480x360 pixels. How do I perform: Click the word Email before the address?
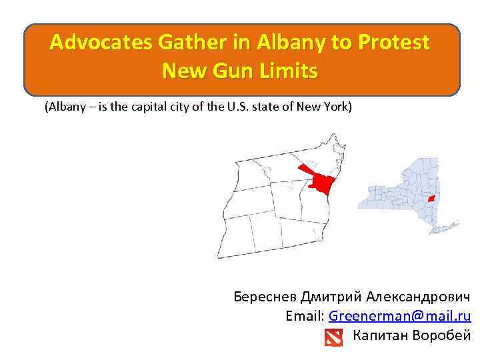[x=305, y=316]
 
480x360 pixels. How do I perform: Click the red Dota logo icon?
[x=333, y=337]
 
